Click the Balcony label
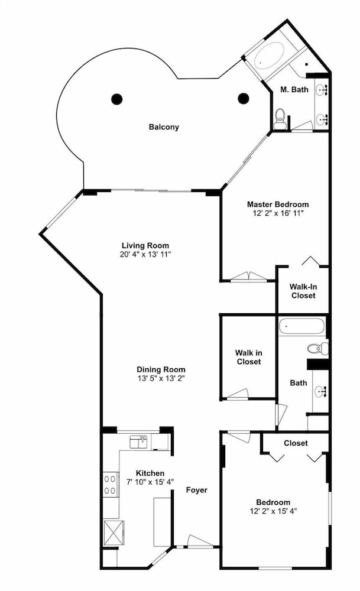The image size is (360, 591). click(164, 127)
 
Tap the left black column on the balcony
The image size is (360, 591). click(117, 99)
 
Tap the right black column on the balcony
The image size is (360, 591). click(244, 98)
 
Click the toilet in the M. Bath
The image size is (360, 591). click(280, 119)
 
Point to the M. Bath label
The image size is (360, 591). click(294, 90)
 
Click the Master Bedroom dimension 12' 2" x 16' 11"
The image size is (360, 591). click(278, 213)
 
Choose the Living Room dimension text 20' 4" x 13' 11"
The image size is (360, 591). click(145, 254)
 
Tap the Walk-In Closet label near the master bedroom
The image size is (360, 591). click(303, 291)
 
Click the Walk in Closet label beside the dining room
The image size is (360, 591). click(249, 358)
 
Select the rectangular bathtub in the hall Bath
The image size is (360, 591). click(301, 326)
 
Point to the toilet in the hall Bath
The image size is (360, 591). click(317, 348)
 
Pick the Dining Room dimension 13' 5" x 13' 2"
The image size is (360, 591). click(161, 378)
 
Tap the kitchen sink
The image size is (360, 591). click(138, 441)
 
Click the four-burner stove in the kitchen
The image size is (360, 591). click(111, 485)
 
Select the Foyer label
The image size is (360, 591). click(197, 490)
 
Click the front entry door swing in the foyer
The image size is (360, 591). click(200, 541)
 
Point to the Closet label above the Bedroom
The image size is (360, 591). click(296, 443)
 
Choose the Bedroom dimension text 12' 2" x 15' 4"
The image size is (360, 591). click(273, 511)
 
